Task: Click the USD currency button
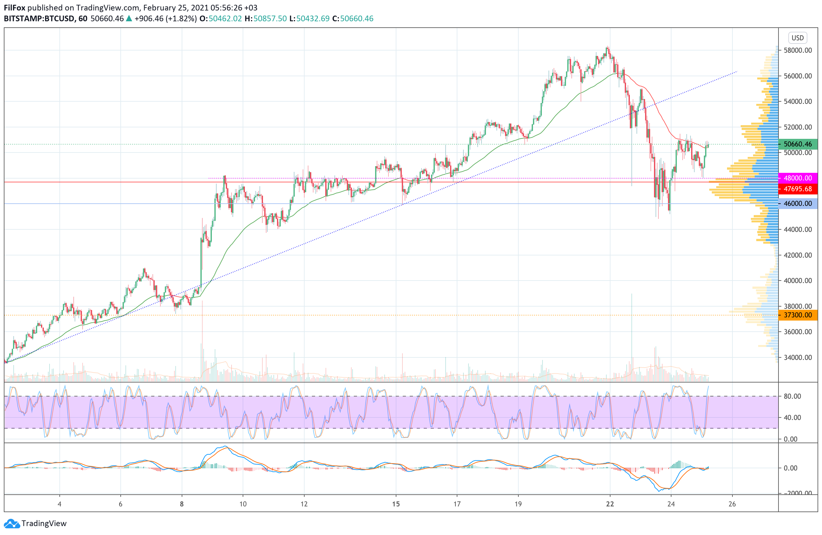pyautogui.click(x=797, y=37)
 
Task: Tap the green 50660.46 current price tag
pyautogui.click(x=798, y=144)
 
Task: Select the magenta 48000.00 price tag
pyautogui.click(x=798, y=178)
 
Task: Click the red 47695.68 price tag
pyautogui.click(x=798, y=189)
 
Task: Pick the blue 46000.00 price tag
pyautogui.click(x=798, y=203)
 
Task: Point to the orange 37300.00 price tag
pyautogui.click(x=798, y=315)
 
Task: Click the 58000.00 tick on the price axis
pyautogui.click(x=798, y=51)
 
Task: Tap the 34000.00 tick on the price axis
pyautogui.click(x=798, y=357)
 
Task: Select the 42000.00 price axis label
pyautogui.click(x=798, y=255)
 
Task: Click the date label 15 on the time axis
pyautogui.click(x=396, y=504)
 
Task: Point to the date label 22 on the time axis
pyautogui.click(x=610, y=504)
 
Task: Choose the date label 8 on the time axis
pyautogui.click(x=182, y=504)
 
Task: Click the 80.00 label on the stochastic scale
pyautogui.click(x=792, y=396)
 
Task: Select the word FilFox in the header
pyautogui.click(x=15, y=8)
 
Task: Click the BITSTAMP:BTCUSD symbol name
pyautogui.click(x=39, y=19)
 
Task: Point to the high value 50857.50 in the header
pyautogui.click(x=270, y=19)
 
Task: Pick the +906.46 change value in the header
pyautogui.click(x=149, y=19)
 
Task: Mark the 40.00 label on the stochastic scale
pyautogui.click(x=792, y=417)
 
